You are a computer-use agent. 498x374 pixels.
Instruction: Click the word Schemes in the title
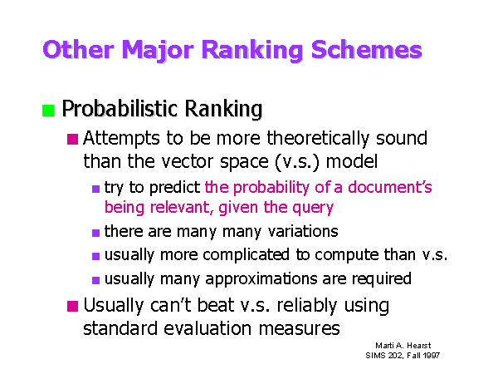tap(367, 50)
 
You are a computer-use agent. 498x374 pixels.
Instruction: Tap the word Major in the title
tap(158, 51)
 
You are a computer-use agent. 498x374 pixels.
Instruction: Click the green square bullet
tap(48, 111)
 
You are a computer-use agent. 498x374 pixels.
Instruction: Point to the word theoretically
tap(318, 139)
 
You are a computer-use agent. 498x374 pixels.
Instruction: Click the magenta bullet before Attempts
tap(73, 139)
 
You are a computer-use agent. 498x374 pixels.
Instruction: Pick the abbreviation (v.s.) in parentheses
tap(296, 161)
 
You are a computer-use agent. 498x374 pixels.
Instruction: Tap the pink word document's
tap(390, 187)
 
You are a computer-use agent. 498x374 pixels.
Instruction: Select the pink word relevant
tap(181, 207)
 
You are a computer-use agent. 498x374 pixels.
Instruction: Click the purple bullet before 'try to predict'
tap(96, 189)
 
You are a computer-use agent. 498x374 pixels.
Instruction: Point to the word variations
tap(303, 231)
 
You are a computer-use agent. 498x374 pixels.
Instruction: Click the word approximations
tap(261, 279)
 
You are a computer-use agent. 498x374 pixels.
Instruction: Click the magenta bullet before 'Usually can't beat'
tap(73, 306)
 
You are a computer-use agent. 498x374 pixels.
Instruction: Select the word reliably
tap(307, 306)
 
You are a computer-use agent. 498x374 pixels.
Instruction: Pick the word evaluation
tap(207, 328)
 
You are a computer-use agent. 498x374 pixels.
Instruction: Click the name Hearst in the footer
tap(419, 346)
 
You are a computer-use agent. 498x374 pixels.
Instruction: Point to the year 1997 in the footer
tap(432, 355)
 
